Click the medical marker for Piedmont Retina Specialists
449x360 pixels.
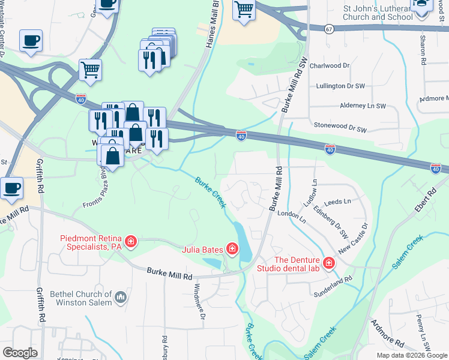(x=131, y=242)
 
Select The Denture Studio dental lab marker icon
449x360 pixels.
(x=328, y=263)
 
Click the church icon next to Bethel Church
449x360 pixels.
(x=121, y=297)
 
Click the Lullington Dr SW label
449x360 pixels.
(x=341, y=86)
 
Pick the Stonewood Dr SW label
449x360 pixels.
(x=340, y=128)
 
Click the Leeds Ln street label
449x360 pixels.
(x=339, y=202)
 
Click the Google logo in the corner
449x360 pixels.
(x=20, y=352)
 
